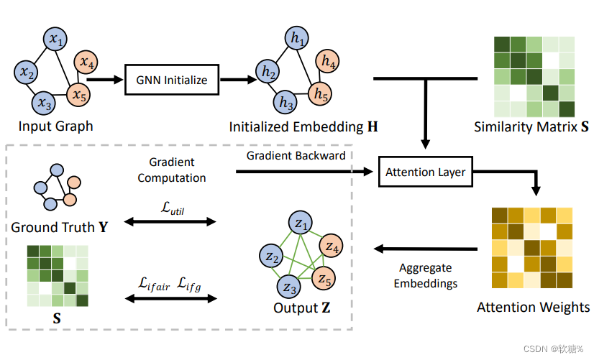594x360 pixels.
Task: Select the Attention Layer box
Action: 425,172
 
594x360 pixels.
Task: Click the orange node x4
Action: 87,63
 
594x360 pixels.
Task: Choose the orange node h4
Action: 329,63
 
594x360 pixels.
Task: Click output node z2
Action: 272,257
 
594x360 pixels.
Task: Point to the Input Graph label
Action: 56,126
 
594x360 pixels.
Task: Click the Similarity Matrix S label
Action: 531,127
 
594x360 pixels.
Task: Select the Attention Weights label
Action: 533,308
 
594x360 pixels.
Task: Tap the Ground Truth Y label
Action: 60,228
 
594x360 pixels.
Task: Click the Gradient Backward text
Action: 296,155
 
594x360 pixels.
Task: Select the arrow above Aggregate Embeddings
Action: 425,249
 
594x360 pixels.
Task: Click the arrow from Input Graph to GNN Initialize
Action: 108,80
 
